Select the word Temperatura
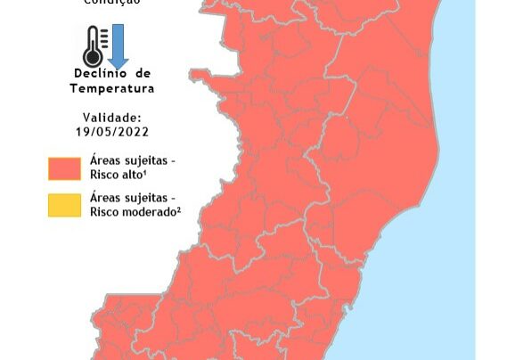pos(112,88)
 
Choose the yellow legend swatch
pos(65,205)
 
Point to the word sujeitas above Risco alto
pos(146,160)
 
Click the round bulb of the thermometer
pos(93,58)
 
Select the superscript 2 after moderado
pos(178,209)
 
